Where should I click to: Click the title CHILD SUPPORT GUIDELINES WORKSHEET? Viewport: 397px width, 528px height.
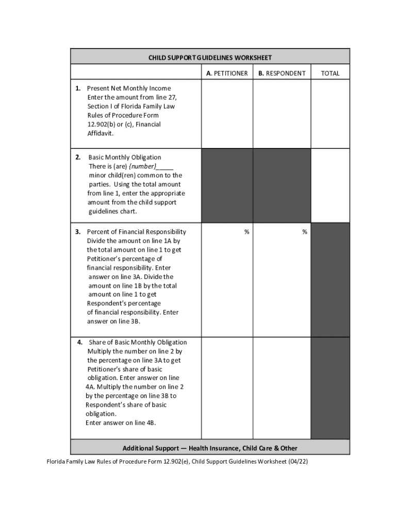210,58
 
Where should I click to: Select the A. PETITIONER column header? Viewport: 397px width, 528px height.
227,73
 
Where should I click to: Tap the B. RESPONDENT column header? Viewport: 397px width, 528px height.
282,73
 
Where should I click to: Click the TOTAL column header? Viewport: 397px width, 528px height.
330,73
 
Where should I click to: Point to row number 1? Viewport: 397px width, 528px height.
77,88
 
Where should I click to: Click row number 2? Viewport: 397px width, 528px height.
77,157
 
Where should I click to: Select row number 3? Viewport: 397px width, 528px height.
77,232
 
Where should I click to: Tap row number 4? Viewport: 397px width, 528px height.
80,342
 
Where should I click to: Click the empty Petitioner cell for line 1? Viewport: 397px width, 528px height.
227,113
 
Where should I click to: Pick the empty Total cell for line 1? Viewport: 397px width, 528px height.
330,113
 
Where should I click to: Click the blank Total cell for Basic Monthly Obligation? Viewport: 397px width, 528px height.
330,186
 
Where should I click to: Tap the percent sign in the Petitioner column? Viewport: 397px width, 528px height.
247,232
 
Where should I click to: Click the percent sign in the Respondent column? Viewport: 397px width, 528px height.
305,232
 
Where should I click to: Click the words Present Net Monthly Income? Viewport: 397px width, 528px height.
129,88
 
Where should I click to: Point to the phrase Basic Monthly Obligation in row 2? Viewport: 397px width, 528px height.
125,157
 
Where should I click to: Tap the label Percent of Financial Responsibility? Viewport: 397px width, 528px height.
137,232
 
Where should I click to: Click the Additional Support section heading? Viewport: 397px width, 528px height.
210,448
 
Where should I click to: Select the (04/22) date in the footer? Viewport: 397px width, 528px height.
298,461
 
